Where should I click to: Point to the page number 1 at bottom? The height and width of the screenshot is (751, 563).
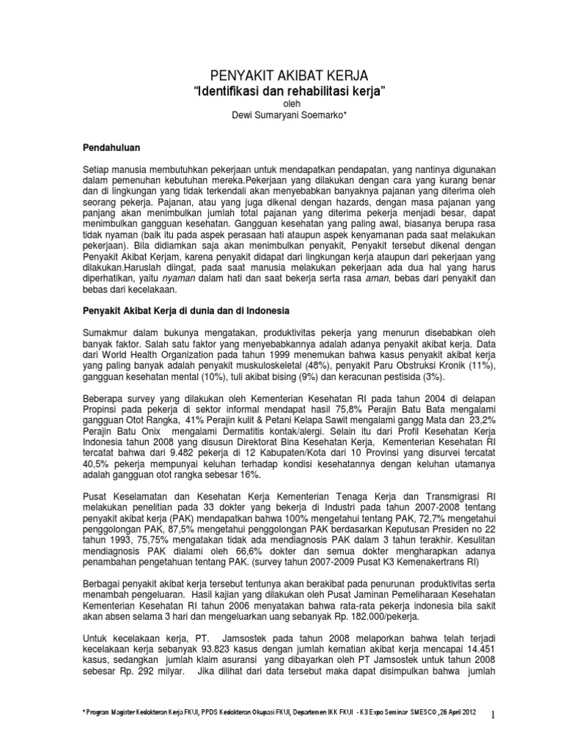tap(494, 714)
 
